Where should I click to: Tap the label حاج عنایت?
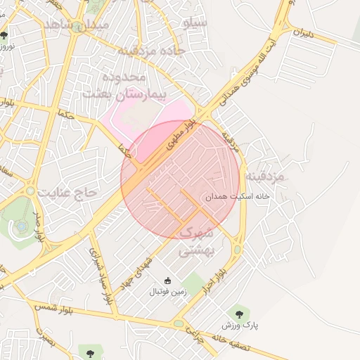(x=70, y=191)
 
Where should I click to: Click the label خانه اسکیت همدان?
(x=237, y=198)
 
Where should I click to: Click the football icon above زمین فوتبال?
(x=167, y=281)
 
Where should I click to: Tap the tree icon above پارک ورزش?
(x=240, y=314)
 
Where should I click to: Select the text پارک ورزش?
(x=240, y=326)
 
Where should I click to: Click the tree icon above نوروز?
(x=5, y=34)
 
